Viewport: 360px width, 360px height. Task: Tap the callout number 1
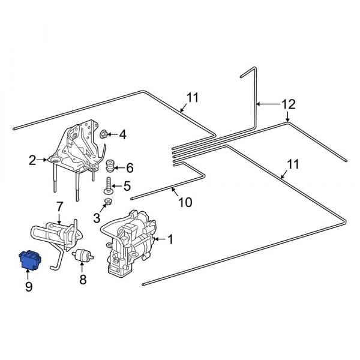pyautogui.click(x=170, y=239)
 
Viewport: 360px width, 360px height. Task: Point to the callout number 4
pyautogui.click(x=123, y=134)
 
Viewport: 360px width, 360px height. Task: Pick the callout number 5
pyautogui.click(x=127, y=187)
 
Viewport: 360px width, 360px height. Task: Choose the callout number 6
pyautogui.click(x=130, y=168)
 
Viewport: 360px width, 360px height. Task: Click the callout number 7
pyautogui.click(x=59, y=207)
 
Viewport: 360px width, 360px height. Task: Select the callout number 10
pyautogui.click(x=185, y=202)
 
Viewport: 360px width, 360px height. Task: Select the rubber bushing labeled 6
pyautogui.click(x=110, y=166)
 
